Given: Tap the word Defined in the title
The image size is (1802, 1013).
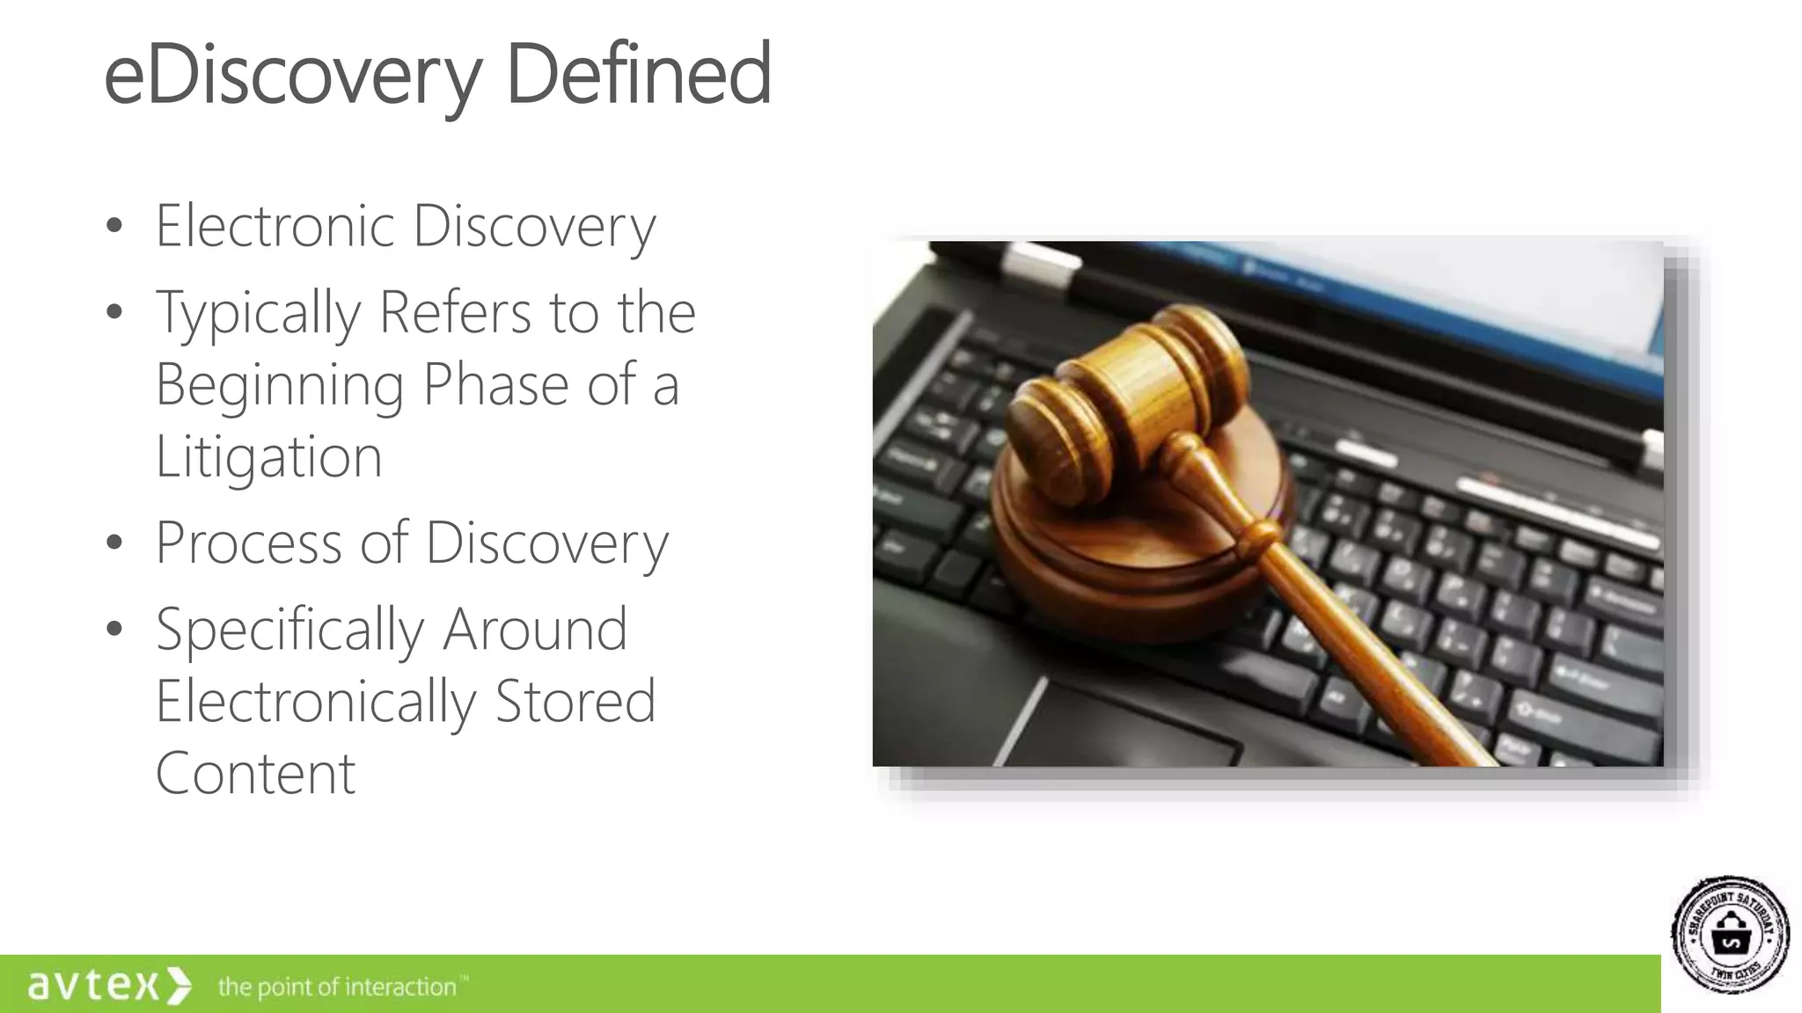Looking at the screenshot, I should tap(639, 74).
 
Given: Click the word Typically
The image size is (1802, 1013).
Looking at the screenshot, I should tap(258, 314).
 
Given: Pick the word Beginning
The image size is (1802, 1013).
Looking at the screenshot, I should tap(280, 386).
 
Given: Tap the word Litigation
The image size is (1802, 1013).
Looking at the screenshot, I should tap(268, 457).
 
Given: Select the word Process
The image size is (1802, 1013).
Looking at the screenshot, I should tap(248, 543).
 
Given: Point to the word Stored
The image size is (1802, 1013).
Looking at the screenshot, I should tap(575, 701).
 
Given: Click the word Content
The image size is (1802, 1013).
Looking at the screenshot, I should tap(255, 773).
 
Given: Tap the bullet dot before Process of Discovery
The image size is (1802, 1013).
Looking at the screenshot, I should tap(114, 543).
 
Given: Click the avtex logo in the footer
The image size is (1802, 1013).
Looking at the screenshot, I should tap(108, 985).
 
